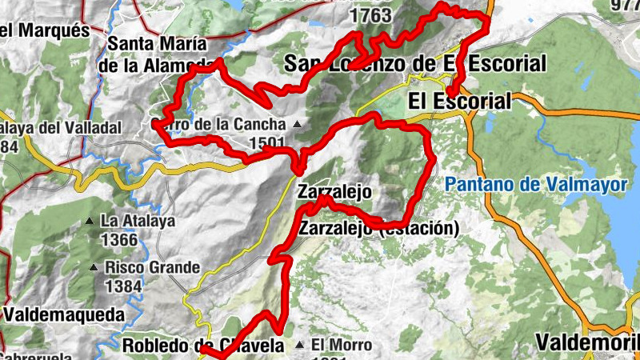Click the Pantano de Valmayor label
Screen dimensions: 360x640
pyautogui.click(x=535, y=185)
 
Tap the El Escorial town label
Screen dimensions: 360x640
pyautogui.click(x=458, y=102)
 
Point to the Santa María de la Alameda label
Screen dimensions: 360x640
pyautogui.click(x=157, y=54)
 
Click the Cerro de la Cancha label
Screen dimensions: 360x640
pyautogui.click(x=218, y=125)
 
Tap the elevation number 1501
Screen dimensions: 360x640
pyautogui.click(x=266, y=143)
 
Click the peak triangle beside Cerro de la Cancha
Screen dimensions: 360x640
pyautogui.click(x=298, y=125)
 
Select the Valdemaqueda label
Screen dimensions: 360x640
pyautogui.click(x=63, y=314)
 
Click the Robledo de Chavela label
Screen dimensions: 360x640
pyautogui.click(x=203, y=346)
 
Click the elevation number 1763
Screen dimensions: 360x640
pyautogui.click(x=370, y=15)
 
